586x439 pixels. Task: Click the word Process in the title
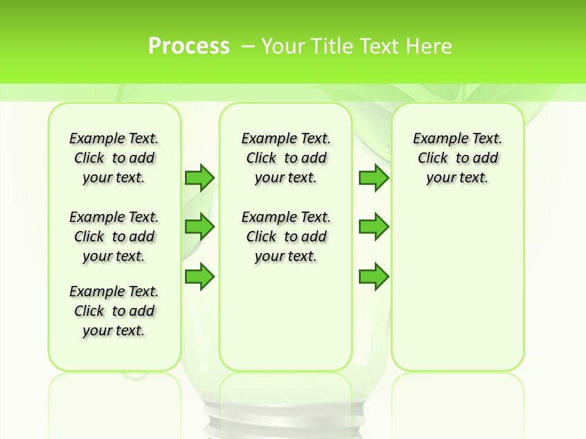[189, 46]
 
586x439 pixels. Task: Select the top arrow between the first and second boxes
[200, 177]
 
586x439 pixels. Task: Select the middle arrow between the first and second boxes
[200, 227]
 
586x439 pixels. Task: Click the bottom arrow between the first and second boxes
[200, 276]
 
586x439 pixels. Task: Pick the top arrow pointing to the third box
[374, 177]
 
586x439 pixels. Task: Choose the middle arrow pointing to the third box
[374, 227]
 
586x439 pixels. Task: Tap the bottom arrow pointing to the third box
[374, 276]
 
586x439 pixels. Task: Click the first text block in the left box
[114, 158]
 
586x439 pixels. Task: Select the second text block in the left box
[114, 237]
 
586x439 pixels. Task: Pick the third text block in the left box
[114, 311]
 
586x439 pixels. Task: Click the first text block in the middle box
[286, 158]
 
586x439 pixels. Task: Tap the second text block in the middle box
[286, 237]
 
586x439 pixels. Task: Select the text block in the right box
[457, 158]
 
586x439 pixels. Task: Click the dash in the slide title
[248, 46]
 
